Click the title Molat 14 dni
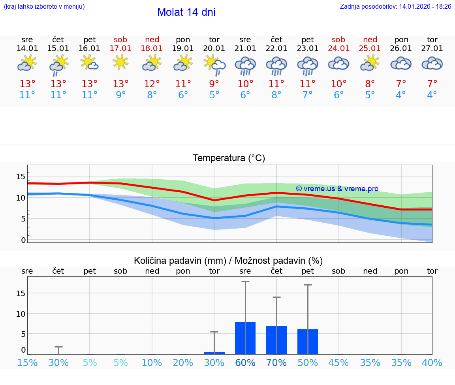pyautogui.click(x=186, y=12)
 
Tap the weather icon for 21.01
pyautogui.click(x=245, y=66)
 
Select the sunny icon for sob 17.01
pyautogui.click(x=120, y=62)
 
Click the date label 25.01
pyautogui.click(x=370, y=49)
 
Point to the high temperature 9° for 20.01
pyautogui.click(x=214, y=84)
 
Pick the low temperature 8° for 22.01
pyautogui.click(x=276, y=95)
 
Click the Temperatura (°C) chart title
pyautogui.click(x=229, y=158)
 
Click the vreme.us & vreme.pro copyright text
pyautogui.click(x=337, y=189)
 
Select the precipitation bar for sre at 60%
pyautogui.click(x=245, y=338)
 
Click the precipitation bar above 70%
pyautogui.click(x=276, y=340)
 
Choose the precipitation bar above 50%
pyautogui.click(x=308, y=342)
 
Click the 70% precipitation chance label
pyautogui.click(x=276, y=363)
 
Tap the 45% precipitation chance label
pyautogui.click(x=339, y=363)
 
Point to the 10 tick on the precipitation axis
pyautogui.click(x=21, y=314)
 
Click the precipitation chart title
pyautogui.click(x=228, y=261)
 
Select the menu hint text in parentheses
pyautogui.click(x=44, y=7)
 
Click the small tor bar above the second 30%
pyautogui.click(x=214, y=353)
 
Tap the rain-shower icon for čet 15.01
pyautogui.click(x=58, y=66)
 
